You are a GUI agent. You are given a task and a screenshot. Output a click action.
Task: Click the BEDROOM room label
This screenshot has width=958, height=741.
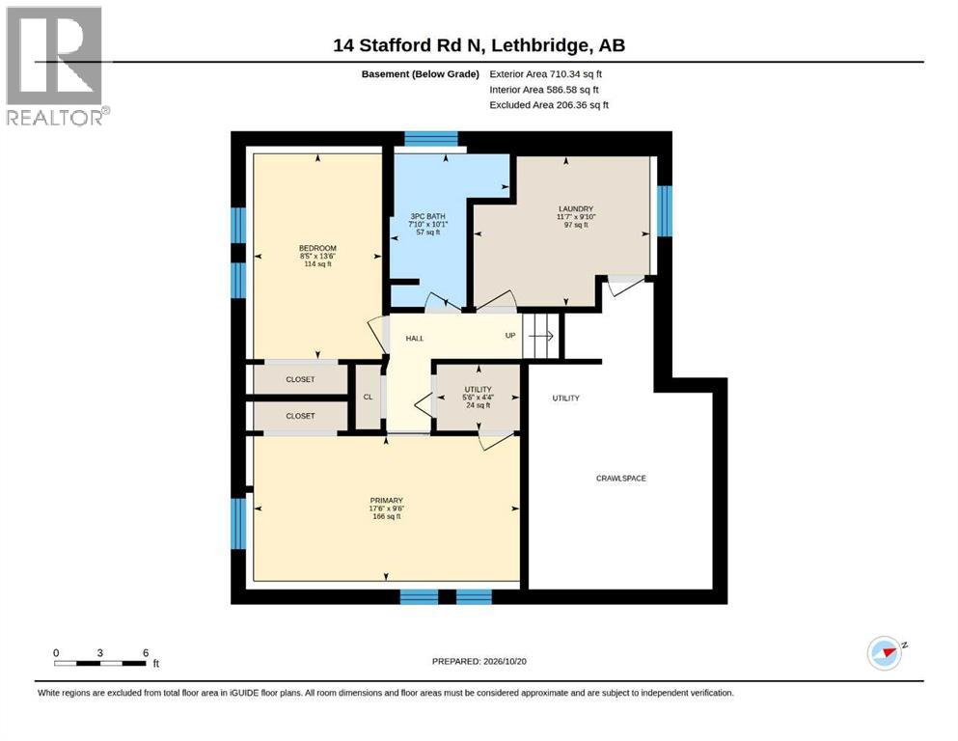point(317,248)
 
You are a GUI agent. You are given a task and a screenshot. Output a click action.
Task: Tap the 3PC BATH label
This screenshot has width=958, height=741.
point(427,216)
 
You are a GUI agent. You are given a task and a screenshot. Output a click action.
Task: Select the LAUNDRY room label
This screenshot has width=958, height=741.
point(576,209)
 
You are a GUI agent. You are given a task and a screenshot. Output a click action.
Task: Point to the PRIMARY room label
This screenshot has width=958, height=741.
point(386,501)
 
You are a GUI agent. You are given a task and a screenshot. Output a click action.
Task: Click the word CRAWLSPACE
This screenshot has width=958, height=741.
point(620,479)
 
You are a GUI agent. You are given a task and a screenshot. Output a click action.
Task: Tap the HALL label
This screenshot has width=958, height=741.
point(414,339)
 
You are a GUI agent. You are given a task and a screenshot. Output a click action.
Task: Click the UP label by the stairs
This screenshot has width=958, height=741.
point(510,336)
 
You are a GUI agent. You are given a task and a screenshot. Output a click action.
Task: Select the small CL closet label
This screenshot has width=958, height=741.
point(368,398)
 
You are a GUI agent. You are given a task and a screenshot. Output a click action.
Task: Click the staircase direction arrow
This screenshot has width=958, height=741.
point(541,336)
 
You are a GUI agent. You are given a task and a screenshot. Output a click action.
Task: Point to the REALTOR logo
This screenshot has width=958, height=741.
point(55,66)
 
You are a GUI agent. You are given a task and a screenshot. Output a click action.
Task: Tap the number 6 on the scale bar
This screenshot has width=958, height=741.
point(146,653)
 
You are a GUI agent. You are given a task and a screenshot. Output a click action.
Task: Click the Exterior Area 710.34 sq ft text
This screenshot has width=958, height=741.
point(546,74)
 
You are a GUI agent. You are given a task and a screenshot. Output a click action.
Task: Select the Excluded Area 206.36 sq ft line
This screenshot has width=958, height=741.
point(549,105)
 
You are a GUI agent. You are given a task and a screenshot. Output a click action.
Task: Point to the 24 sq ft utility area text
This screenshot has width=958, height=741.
point(478,405)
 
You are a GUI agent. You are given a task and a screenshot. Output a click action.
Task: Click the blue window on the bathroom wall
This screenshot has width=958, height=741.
point(430,139)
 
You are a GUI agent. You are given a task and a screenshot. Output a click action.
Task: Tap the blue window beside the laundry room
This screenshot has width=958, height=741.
point(665,210)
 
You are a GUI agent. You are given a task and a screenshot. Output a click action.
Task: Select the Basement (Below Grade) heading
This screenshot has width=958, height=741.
point(421,74)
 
